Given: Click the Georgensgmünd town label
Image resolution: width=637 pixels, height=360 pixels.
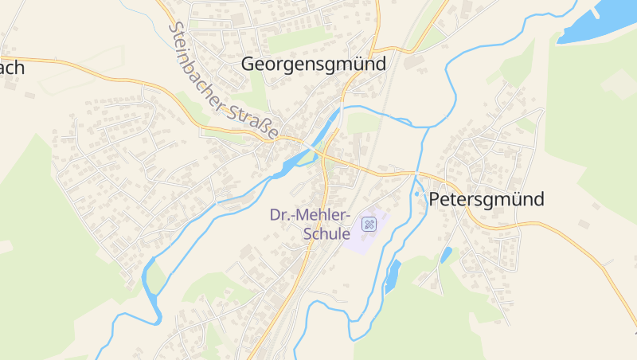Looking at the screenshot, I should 313,64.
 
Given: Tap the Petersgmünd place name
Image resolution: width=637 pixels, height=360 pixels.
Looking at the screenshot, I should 487,199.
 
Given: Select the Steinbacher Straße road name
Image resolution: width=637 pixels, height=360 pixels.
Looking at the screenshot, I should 224,80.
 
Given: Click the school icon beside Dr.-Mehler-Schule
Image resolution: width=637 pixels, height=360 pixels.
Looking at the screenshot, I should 369,224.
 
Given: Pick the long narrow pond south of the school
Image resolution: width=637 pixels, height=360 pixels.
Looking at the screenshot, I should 392,275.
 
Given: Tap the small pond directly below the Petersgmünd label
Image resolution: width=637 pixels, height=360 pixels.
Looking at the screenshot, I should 446,255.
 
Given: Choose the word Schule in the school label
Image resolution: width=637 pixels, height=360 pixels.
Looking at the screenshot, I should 326,234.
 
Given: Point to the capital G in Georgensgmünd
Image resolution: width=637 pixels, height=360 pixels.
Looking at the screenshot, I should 248,64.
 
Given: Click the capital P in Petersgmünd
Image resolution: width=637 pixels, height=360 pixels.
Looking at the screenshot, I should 436,199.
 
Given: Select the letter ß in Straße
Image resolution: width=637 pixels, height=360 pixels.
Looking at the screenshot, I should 264,127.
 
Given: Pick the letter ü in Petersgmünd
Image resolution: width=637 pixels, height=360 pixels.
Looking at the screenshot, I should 514,199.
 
